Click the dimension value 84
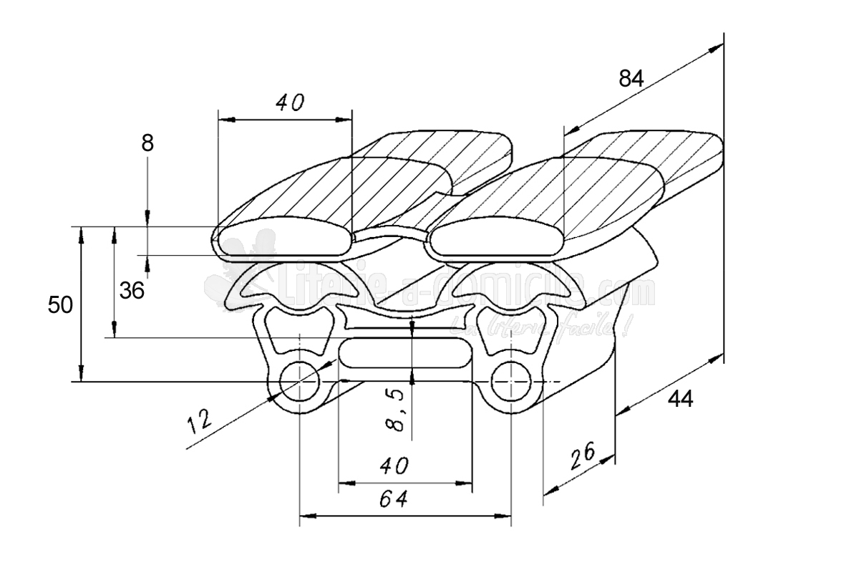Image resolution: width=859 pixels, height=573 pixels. coord(631,79)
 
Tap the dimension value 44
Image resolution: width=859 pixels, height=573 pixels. coord(680,399)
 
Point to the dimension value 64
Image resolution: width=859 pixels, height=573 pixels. coord(394,500)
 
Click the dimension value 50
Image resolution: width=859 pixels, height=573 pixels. coord(60,306)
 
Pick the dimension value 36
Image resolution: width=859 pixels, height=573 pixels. coord(132,290)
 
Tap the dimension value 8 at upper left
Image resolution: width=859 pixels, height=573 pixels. coord(147,143)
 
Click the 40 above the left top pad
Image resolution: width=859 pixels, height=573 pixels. coord(290,103)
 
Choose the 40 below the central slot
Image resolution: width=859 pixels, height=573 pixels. coord(394,466)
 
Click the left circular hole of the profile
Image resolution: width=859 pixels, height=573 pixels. coord(299,382)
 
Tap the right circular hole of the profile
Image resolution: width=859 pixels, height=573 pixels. coord(511,382)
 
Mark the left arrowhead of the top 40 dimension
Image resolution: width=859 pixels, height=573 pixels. coord(223,119)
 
